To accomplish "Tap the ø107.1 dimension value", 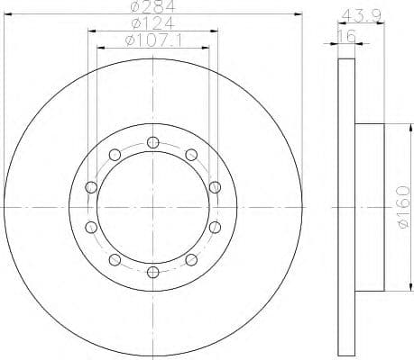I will (152, 40).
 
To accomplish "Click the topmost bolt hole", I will (152, 141).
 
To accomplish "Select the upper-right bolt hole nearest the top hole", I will (191, 154).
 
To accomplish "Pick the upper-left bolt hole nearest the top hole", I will (114, 154).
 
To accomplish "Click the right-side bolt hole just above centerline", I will (215, 186).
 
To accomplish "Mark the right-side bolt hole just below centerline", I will (215, 227).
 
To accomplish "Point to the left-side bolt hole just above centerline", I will (90, 186).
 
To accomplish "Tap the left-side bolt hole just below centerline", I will (90, 227).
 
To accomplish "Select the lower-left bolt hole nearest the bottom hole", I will (114, 259).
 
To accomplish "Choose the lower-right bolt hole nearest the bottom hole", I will (191, 259).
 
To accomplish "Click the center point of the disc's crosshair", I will (152, 206).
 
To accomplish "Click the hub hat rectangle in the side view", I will (369, 206).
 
